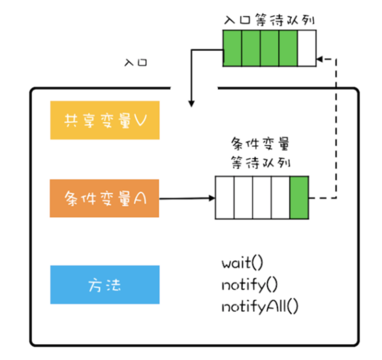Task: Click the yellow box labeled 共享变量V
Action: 105,120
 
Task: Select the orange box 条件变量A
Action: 105,198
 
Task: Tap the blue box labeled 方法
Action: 105,285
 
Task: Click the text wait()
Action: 243,263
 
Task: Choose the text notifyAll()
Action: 260,306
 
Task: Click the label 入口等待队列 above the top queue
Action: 269,21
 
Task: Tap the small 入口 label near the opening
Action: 136,63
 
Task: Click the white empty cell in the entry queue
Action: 307,48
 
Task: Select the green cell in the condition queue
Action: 299,197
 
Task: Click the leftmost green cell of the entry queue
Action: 233,48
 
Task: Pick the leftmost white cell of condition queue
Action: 224,197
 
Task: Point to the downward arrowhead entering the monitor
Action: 191,103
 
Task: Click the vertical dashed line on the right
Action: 337,129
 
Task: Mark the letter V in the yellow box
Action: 139,120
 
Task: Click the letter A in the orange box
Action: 140,199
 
